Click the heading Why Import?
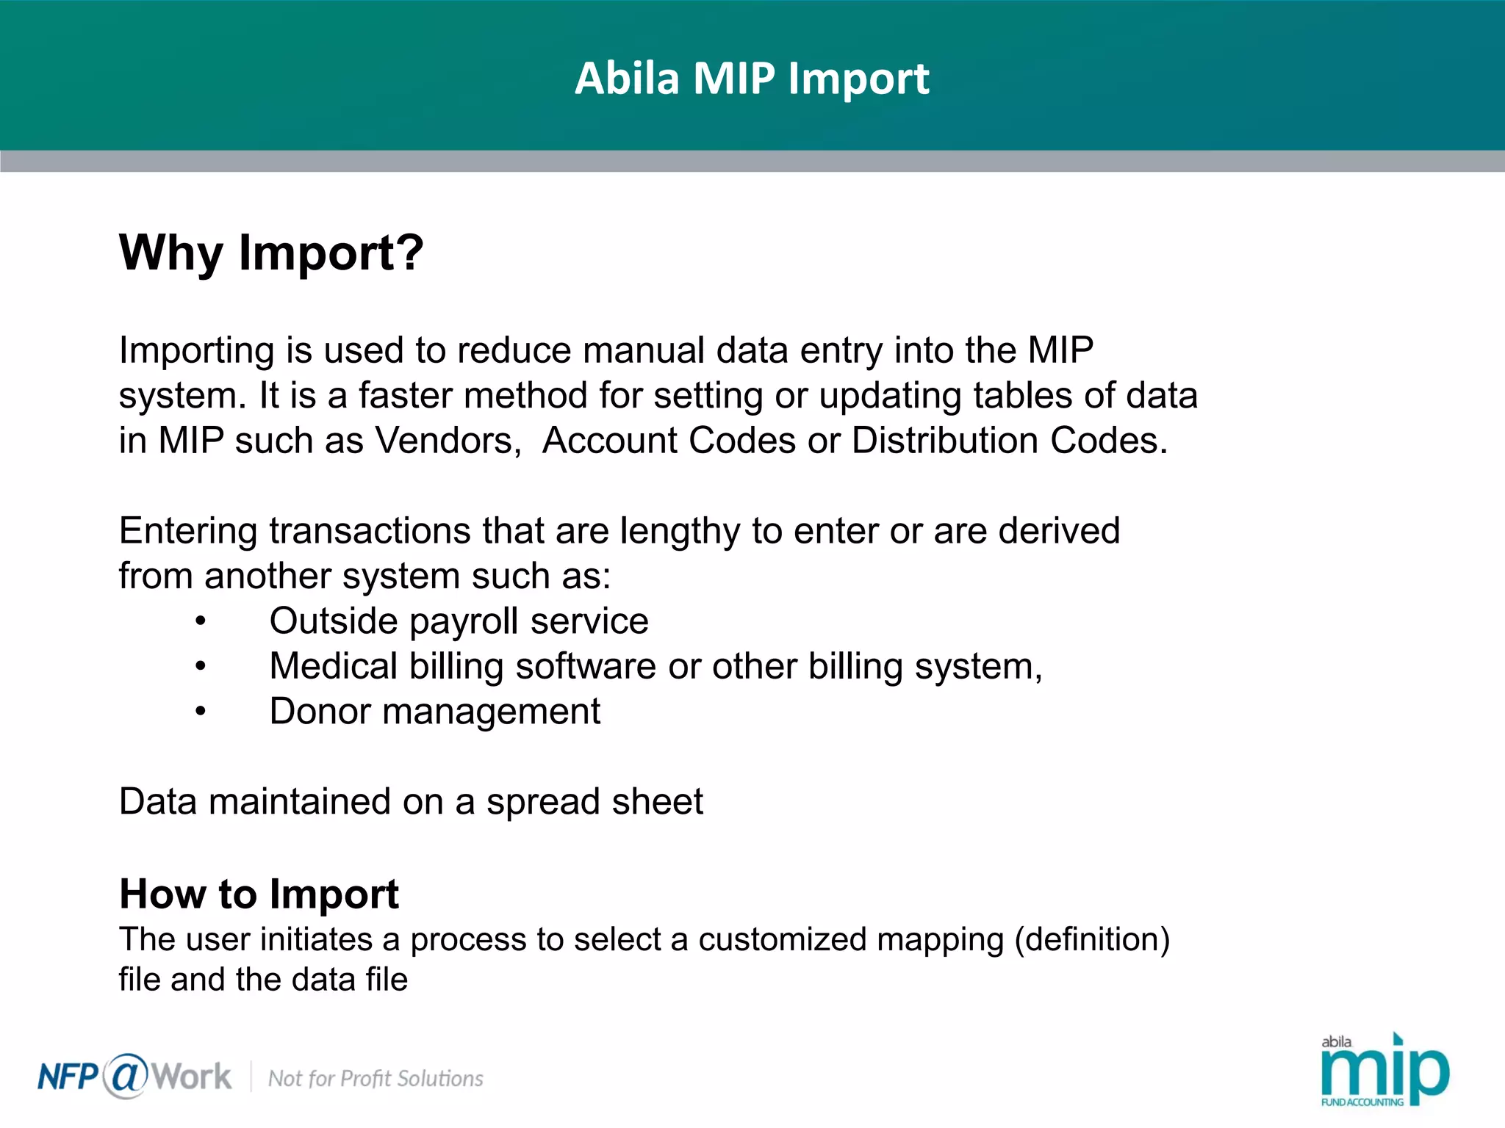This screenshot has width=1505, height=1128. coord(271,253)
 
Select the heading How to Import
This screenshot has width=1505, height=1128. coord(259,894)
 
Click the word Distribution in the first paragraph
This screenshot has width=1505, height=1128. coord(945,441)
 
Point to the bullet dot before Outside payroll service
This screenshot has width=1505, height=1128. coord(201,622)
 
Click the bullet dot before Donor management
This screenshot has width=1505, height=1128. coord(201,712)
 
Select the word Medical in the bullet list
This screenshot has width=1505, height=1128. coord(334,667)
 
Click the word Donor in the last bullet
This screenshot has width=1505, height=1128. coord(320,712)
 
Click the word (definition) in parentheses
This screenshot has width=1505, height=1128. coord(1092,940)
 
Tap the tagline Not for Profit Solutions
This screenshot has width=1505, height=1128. coord(376,1079)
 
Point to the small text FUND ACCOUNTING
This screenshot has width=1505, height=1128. coord(1362,1102)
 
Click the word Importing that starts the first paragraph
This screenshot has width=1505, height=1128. coord(197,351)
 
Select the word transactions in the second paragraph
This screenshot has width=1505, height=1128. coord(370,531)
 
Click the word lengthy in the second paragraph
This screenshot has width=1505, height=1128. coord(680,532)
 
